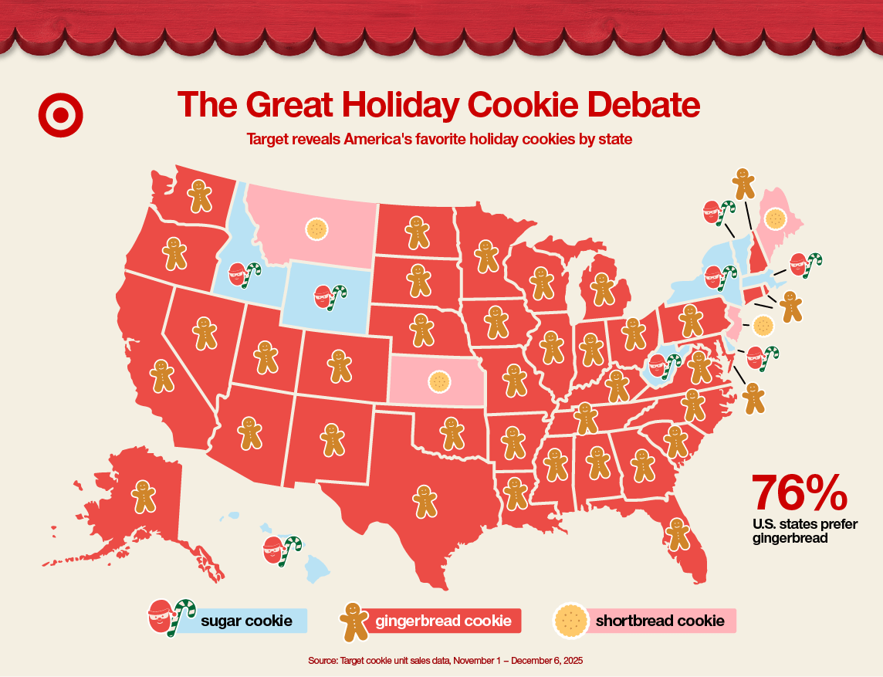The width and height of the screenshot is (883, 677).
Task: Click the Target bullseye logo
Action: [60, 116]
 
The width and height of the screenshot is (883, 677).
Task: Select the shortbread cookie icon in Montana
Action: [316, 228]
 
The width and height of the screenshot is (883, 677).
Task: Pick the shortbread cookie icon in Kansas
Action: [439, 381]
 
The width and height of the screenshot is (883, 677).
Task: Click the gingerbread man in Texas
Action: [424, 501]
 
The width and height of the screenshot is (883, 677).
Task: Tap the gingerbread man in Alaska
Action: [143, 496]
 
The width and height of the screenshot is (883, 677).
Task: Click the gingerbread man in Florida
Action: [678, 533]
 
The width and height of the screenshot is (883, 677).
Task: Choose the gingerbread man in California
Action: [162, 374]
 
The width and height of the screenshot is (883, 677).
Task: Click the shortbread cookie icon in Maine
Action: [776, 218]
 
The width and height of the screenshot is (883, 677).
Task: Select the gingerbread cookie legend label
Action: [443, 621]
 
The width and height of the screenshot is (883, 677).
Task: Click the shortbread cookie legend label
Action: [659, 621]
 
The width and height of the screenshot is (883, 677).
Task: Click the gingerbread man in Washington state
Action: [201, 195]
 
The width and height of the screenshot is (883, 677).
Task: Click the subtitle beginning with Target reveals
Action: [439, 140]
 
